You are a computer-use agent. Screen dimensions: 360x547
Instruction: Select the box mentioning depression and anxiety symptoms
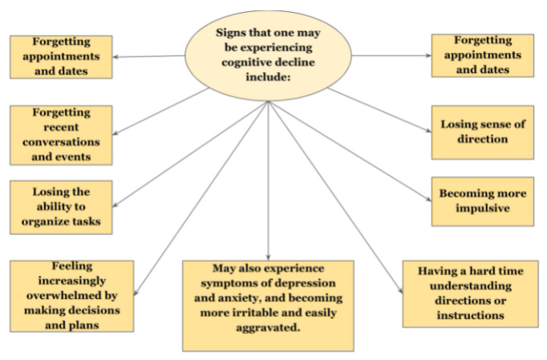pyautogui.click(x=267, y=304)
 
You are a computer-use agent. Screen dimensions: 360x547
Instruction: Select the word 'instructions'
pyautogui.click(x=469, y=316)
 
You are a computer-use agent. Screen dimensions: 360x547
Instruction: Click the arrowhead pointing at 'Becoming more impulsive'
pyautogui.click(x=426, y=199)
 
